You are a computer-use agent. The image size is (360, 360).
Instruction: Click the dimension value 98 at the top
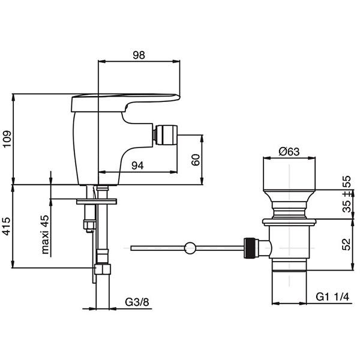tap(139, 55)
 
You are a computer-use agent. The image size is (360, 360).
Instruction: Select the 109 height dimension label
tap(7, 139)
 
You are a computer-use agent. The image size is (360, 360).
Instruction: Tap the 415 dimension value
tap(7, 226)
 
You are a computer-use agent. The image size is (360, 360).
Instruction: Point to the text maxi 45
tap(45, 235)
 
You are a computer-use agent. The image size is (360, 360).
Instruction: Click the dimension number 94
tap(137, 166)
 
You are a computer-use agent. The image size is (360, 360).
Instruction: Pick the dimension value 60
tap(196, 160)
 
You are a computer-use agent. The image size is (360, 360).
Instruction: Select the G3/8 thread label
tap(137, 302)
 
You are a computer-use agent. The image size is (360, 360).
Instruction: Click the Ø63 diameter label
tap(289, 152)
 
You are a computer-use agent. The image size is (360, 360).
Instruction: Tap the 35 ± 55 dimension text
tap(347, 194)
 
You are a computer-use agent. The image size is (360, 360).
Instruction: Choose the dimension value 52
tap(347, 244)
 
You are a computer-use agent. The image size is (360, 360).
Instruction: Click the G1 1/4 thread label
tap(332, 297)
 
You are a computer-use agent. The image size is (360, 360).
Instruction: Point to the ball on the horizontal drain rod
tap(190, 248)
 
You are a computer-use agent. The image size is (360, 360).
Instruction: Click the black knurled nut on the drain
tap(250, 248)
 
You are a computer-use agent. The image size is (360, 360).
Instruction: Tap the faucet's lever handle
tap(125, 103)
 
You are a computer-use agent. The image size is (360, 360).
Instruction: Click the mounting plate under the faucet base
tap(97, 202)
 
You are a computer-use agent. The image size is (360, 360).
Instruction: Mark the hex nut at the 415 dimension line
tap(103, 269)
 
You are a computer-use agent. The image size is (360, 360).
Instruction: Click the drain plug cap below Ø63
tap(289, 173)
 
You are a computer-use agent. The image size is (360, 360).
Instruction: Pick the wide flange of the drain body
tap(289, 222)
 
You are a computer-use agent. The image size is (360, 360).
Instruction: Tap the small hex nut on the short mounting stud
tap(90, 225)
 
